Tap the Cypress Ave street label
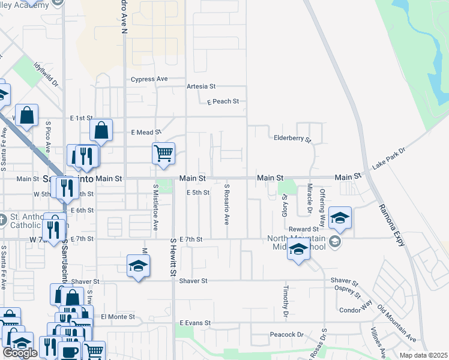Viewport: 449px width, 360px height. pyautogui.click(x=149, y=79)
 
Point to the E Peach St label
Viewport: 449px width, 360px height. pyautogui.click(x=223, y=101)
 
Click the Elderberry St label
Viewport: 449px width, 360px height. pyautogui.click(x=292, y=139)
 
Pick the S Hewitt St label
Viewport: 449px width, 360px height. pyautogui.click(x=172, y=256)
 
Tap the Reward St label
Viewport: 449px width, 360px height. pyautogui.click(x=303, y=229)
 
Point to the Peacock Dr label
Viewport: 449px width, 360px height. pyautogui.click(x=287, y=334)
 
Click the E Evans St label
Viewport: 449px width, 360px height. pyautogui.click(x=195, y=323)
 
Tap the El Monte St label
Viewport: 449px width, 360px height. pyautogui.click(x=118, y=316)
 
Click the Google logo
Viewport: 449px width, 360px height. pyautogui.click(x=20, y=353)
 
